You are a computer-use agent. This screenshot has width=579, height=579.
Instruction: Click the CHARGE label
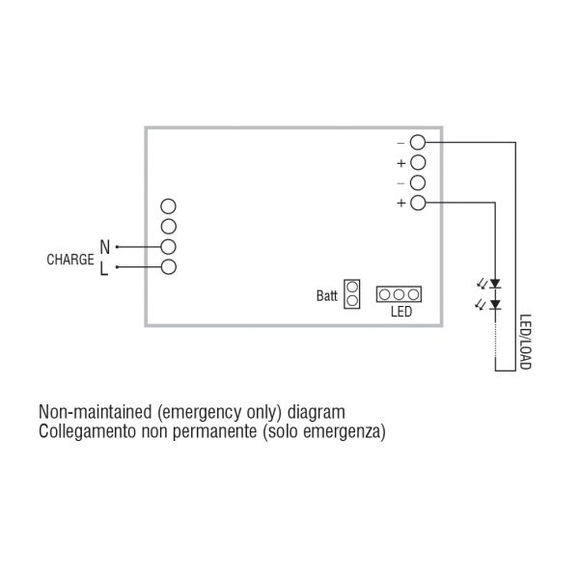tap(70, 260)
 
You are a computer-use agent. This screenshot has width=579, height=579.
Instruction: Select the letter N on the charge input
tap(105, 247)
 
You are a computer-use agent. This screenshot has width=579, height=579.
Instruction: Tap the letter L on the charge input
tap(104, 268)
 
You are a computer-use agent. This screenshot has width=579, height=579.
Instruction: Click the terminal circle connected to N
tap(168, 247)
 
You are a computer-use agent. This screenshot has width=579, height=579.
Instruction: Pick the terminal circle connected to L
tap(168, 267)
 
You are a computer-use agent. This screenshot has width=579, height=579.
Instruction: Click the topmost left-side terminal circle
tap(168, 207)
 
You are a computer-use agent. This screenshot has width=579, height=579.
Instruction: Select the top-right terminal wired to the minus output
tap(418, 142)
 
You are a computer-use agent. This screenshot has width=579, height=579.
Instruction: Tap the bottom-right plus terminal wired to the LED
tap(418, 203)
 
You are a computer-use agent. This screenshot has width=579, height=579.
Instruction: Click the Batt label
tap(327, 296)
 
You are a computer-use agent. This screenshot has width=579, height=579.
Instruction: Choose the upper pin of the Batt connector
tap(352, 287)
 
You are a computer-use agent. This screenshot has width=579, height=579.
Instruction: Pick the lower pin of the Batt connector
tap(352, 301)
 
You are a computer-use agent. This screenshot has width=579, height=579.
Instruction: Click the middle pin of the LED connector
tap(399, 294)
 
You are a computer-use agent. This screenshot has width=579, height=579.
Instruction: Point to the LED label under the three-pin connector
tap(401, 312)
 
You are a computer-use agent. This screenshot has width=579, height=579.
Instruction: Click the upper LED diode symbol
tap(495, 284)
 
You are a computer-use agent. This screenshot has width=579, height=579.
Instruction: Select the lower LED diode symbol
tap(495, 304)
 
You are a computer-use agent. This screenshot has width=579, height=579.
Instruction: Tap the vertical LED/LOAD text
tap(525, 342)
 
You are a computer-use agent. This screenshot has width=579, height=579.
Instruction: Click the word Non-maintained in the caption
tap(96, 412)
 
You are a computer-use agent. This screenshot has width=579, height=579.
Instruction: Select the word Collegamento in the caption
tap(87, 431)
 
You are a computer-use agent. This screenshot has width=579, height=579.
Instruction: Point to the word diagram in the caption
tap(317, 412)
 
